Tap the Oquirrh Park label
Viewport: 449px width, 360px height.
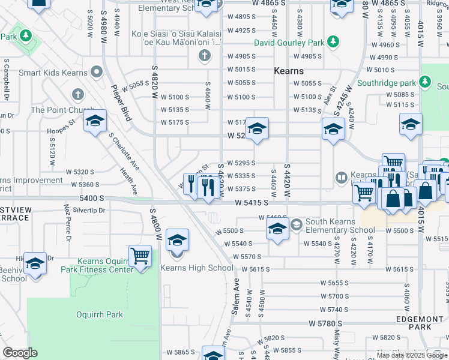click(100, 314)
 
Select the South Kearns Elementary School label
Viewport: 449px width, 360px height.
click(340, 226)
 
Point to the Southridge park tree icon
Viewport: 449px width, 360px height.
click(426, 81)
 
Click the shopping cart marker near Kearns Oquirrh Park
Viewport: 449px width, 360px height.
click(140, 256)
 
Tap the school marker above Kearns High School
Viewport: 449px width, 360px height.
click(177, 241)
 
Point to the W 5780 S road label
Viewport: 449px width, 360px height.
click(325, 323)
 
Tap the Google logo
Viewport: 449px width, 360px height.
click(20, 353)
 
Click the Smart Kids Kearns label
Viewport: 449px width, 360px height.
click(53, 73)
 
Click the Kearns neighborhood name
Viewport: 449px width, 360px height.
click(288, 71)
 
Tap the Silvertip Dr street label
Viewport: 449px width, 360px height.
click(89, 211)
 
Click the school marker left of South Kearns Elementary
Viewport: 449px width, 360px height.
click(277, 229)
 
